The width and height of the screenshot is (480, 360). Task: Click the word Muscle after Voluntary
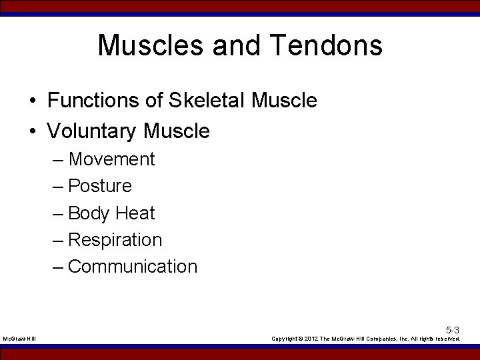176,131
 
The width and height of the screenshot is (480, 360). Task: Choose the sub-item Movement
111,159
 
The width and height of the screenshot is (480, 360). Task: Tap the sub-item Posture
100,186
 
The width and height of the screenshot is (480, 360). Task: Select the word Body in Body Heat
89,213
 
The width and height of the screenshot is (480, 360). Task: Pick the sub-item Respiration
115,239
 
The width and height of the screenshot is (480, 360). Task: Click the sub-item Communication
133,267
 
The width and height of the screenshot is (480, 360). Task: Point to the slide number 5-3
453,330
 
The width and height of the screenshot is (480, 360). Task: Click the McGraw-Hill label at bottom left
20,339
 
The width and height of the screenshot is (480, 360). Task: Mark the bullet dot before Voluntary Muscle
32,132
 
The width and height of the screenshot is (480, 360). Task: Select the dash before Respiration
58,240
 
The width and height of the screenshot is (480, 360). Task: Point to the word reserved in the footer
446,339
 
